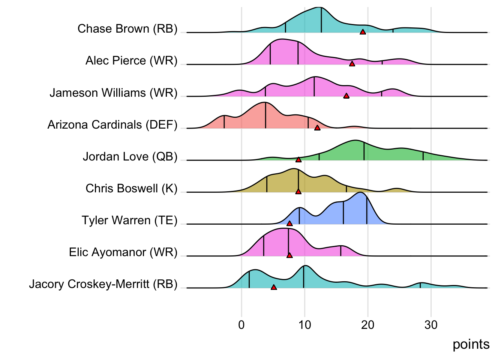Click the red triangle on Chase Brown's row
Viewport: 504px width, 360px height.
click(x=363, y=32)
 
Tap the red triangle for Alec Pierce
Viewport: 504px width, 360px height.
click(x=352, y=64)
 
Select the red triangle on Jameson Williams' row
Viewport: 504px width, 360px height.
click(x=346, y=96)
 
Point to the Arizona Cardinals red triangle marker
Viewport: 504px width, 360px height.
click(x=317, y=128)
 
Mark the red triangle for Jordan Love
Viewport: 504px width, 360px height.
click(x=298, y=160)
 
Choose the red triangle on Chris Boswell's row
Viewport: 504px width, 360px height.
click(x=298, y=192)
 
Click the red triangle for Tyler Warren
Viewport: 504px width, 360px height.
click(x=289, y=223)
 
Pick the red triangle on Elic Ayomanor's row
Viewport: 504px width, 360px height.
click(x=289, y=255)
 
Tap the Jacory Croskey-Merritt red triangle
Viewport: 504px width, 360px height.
click(x=274, y=287)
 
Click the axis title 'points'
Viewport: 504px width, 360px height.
click(x=471, y=344)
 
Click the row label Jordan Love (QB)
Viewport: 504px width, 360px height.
click(x=130, y=156)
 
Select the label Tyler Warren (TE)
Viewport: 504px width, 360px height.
click(x=129, y=220)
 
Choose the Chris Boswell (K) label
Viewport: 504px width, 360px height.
click(x=131, y=188)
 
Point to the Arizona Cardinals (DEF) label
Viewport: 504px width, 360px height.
click(x=112, y=124)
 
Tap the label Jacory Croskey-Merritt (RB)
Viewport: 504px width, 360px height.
click(x=103, y=284)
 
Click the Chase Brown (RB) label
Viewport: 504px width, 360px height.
click(x=127, y=28)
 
